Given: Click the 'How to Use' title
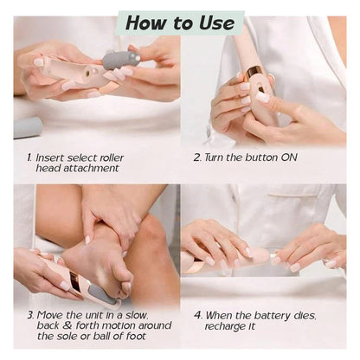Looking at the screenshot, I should pyautogui.click(x=179, y=22).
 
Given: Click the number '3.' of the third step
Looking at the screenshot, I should pyautogui.click(x=30, y=315).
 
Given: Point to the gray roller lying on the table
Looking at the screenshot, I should pyautogui.click(x=27, y=128).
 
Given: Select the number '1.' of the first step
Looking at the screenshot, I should pyautogui.click(x=30, y=157).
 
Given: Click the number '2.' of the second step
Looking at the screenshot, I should pyautogui.click(x=197, y=157).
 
